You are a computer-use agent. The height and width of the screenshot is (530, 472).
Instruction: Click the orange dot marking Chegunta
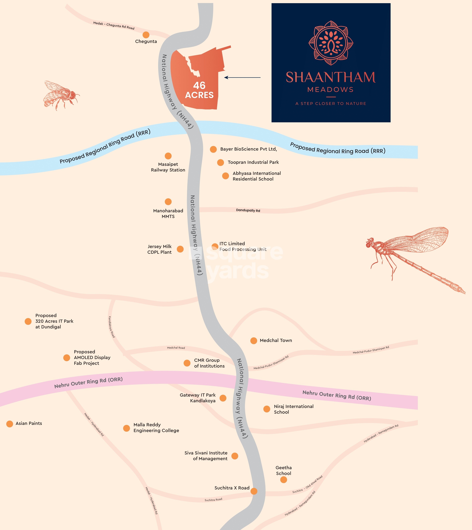[x=146, y=35]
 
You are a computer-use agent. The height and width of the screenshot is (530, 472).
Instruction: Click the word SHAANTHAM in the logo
[x=331, y=77]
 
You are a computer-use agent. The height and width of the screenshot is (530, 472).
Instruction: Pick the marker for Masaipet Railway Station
[x=168, y=156]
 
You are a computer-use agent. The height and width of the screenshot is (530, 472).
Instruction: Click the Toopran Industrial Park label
[x=253, y=162]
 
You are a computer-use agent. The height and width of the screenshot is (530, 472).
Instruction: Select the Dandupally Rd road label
[x=248, y=210]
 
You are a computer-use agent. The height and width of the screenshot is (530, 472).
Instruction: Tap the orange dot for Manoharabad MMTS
[x=168, y=202]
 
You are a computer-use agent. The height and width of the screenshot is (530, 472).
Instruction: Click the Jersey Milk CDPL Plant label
[x=159, y=249]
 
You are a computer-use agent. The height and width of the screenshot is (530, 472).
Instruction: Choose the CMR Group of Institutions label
[x=209, y=363]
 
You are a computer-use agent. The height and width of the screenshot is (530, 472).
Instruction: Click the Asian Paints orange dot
[x=10, y=424]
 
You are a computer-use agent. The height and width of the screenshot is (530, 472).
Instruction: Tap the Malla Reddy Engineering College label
[x=156, y=427]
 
